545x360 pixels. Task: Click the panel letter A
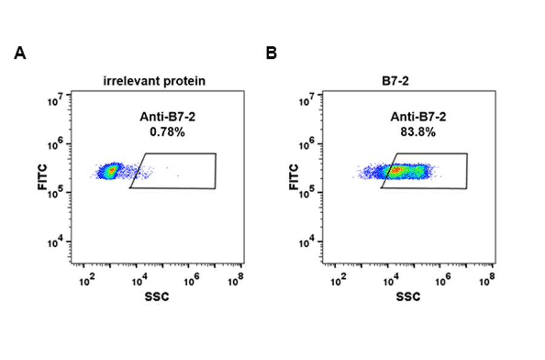(x=20, y=53)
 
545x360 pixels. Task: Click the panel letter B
(x=272, y=53)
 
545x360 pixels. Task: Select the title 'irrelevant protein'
(x=154, y=81)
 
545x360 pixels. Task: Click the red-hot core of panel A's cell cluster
(x=110, y=172)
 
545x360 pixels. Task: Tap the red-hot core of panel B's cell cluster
(x=395, y=171)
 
